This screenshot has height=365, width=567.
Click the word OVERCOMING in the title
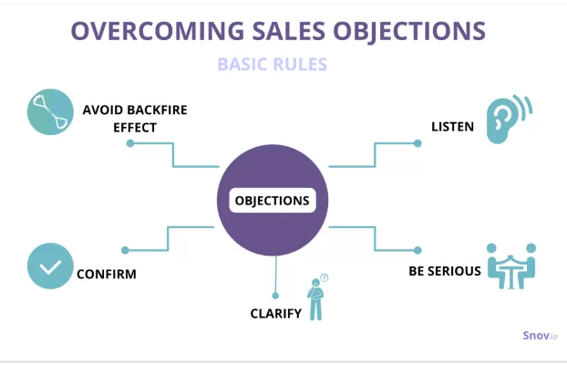click(158, 31)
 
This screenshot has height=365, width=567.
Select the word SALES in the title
click(289, 31)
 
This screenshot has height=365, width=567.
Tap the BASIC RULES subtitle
click(273, 65)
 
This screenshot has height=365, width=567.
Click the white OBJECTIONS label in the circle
click(273, 200)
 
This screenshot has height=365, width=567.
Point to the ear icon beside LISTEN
click(510, 120)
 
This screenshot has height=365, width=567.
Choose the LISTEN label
click(452, 127)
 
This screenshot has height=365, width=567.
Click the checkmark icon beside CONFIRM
click(50, 266)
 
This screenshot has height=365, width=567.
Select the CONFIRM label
click(107, 274)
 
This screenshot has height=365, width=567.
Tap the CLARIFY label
click(276, 314)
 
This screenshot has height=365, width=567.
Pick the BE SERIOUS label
click(445, 271)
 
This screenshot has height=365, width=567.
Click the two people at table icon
click(511, 266)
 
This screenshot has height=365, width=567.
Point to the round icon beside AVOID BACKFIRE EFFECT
click(50, 112)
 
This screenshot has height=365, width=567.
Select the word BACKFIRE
click(158, 109)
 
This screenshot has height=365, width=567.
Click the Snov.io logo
click(540, 336)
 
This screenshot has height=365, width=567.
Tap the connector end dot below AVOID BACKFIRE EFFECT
click(130, 143)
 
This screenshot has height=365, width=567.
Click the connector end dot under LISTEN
click(418, 143)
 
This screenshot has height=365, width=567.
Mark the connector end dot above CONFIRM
click(125, 250)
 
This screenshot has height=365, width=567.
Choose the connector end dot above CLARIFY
click(275, 296)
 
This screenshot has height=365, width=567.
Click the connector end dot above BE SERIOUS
click(418, 250)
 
